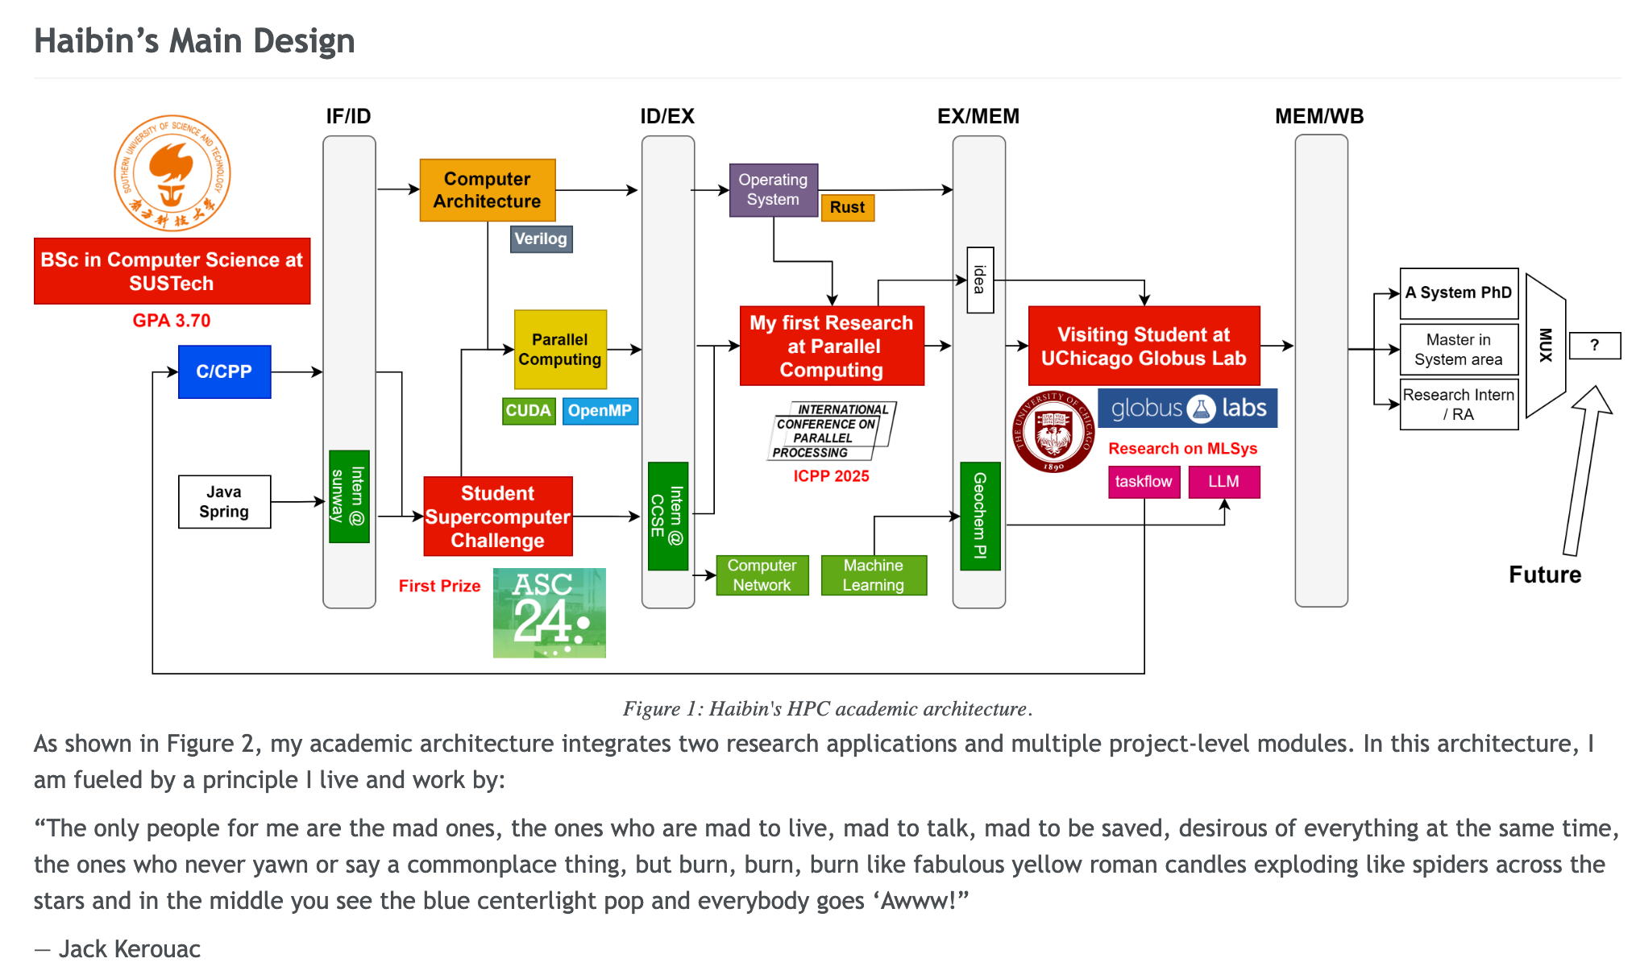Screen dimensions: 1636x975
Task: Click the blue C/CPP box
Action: click(x=224, y=371)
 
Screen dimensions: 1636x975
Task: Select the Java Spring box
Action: click(x=224, y=501)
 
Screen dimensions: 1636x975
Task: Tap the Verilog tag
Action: click(x=541, y=239)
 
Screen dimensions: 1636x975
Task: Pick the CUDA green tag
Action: click(x=528, y=410)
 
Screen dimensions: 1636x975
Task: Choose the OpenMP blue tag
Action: click(x=600, y=410)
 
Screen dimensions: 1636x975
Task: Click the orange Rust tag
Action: click(x=847, y=207)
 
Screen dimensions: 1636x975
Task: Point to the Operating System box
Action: click(x=773, y=189)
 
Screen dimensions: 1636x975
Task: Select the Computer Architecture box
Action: click(x=488, y=190)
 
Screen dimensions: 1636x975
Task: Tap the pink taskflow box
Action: click(x=1144, y=482)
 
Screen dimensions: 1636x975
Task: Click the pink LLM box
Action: click(x=1223, y=482)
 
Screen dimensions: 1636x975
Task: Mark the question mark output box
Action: click(x=1595, y=346)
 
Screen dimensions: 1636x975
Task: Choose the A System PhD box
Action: click(x=1459, y=293)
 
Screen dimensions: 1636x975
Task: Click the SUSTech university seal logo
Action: click(x=172, y=172)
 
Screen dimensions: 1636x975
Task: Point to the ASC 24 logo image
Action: click(x=549, y=612)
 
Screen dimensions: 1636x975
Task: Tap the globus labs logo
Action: click(x=1187, y=409)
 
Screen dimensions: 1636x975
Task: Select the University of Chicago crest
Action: click(x=1053, y=432)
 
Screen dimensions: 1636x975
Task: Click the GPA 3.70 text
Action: click(x=172, y=321)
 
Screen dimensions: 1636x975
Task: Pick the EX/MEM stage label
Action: click(x=978, y=116)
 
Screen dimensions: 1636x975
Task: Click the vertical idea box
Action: click(x=980, y=280)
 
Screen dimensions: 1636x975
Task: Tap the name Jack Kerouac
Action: click(x=129, y=949)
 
